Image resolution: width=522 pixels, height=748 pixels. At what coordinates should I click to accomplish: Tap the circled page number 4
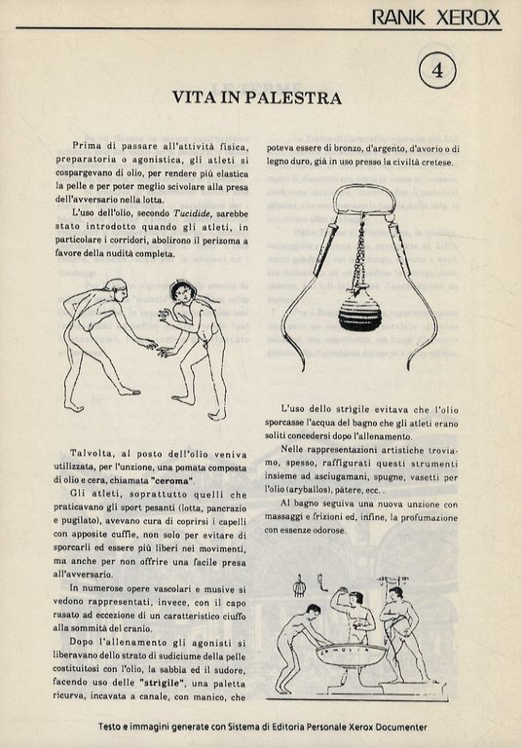coord(437,70)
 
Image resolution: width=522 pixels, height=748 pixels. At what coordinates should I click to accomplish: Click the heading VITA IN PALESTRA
coord(256,98)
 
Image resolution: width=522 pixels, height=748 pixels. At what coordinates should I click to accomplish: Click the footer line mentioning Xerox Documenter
coord(260,728)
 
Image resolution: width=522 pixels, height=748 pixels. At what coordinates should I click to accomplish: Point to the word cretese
coord(434,162)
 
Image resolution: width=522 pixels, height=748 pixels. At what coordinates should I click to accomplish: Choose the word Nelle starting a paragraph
coord(296,449)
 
